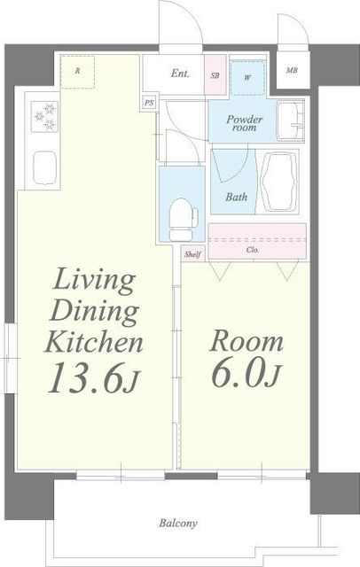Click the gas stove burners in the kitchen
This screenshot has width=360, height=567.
[44, 117]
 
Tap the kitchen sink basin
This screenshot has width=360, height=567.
[45, 167]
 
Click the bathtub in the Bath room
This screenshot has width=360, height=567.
[279, 181]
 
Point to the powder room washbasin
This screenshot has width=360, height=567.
[291, 120]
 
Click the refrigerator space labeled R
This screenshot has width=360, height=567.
[77, 72]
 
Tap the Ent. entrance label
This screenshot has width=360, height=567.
[180, 74]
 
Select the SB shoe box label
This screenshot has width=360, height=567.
[215, 76]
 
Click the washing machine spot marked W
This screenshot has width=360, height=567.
[248, 78]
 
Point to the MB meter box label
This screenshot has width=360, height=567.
[292, 71]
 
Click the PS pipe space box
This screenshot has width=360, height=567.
[149, 103]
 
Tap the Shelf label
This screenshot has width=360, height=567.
[192, 254]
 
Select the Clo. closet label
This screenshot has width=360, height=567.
[253, 250]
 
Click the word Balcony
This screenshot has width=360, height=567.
[178, 523]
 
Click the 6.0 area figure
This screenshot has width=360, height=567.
[246, 373]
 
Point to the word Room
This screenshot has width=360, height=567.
[246, 341]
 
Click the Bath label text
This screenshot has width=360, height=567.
[236, 197]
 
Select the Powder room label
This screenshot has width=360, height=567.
[244, 123]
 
